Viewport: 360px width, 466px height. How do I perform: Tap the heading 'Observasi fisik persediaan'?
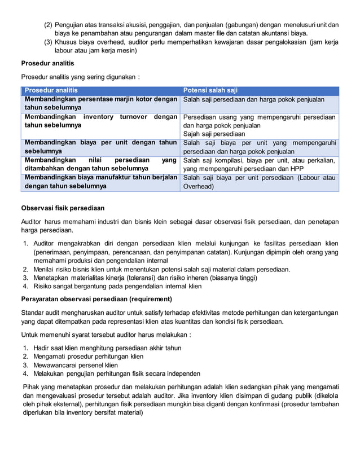(63, 208)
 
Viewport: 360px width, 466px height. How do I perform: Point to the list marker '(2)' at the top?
(49, 25)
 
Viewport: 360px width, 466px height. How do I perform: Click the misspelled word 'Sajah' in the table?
(194, 134)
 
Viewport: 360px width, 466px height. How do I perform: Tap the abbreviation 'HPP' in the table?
(295, 169)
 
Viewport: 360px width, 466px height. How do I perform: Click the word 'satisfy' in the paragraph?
(162, 312)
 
